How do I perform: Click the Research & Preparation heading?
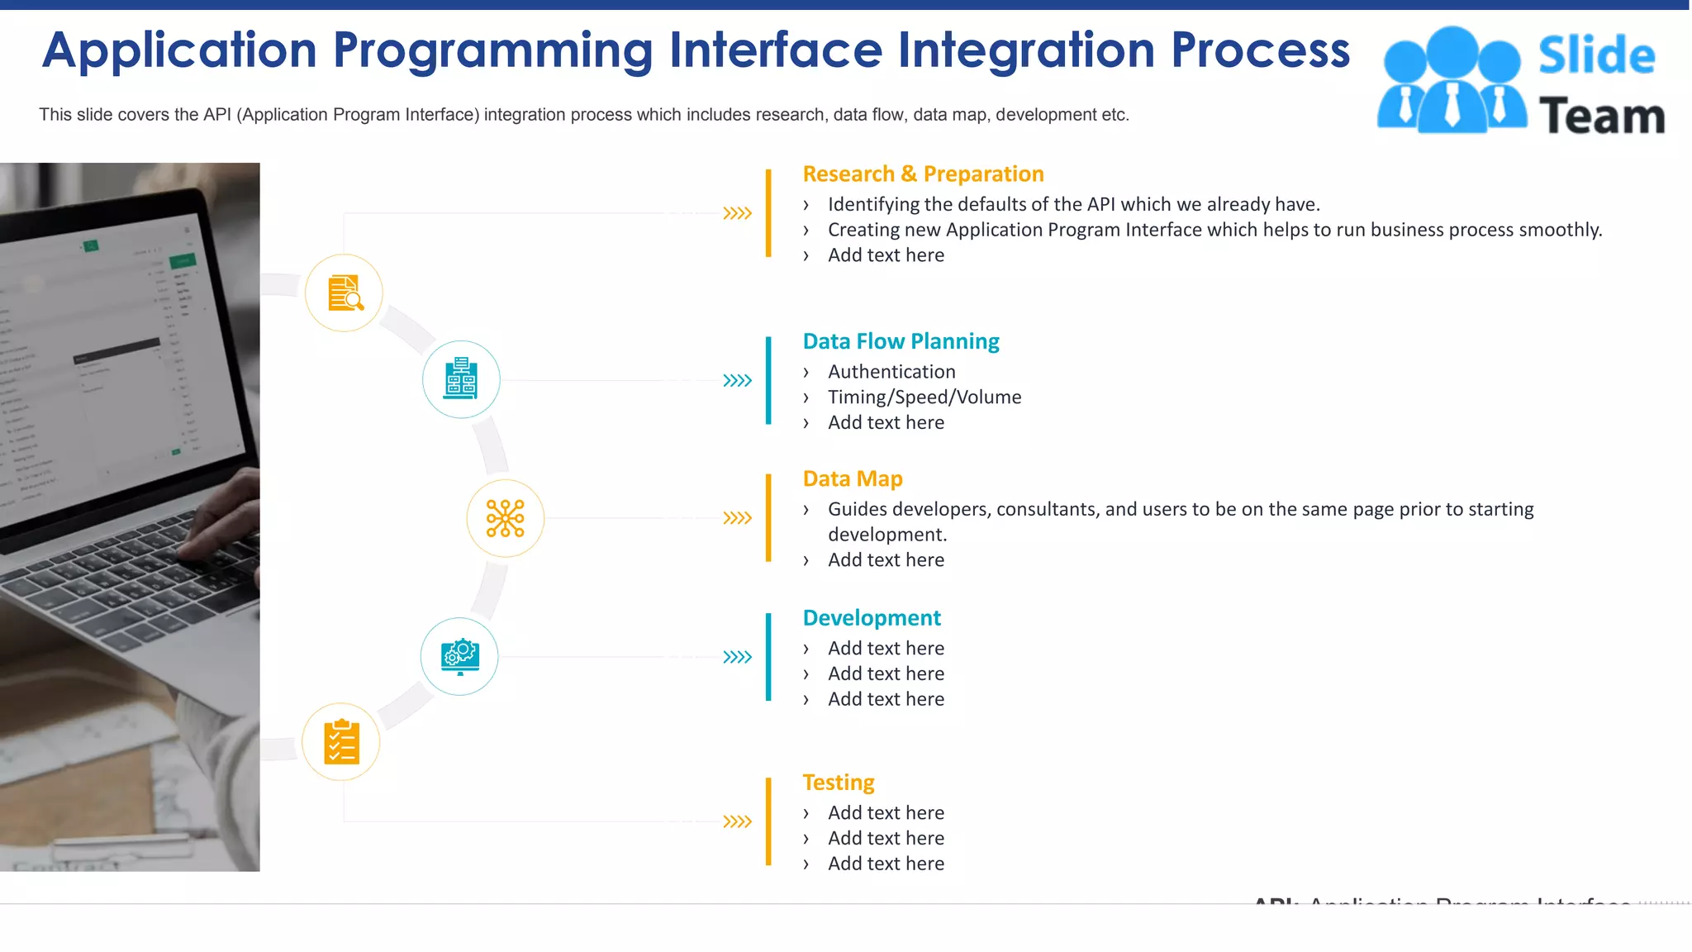click(x=923, y=174)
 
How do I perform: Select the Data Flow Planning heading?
click(x=901, y=341)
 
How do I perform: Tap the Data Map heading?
click(x=852, y=478)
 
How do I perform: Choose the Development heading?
click(x=872, y=618)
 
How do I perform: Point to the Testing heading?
click(x=838, y=782)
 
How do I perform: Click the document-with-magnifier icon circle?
click(x=344, y=293)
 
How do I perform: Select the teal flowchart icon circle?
click(x=461, y=379)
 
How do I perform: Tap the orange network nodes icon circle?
click(x=505, y=518)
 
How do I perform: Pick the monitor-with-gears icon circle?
click(x=459, y=657)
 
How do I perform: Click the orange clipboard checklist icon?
click(x=341, y=742)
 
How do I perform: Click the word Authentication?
click(x=891, y=372)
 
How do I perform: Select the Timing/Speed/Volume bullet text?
click(x=924, y=397)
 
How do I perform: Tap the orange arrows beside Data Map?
click(x=737, y=518)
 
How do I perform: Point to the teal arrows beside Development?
click(x=737, y=657)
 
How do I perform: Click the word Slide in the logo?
click(x=1596, y=55)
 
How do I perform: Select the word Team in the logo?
click(x=1601, y=116)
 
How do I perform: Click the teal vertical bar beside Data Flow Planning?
click(x=768, y=380)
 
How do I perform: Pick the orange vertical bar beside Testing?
click(x=768, y=821)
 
